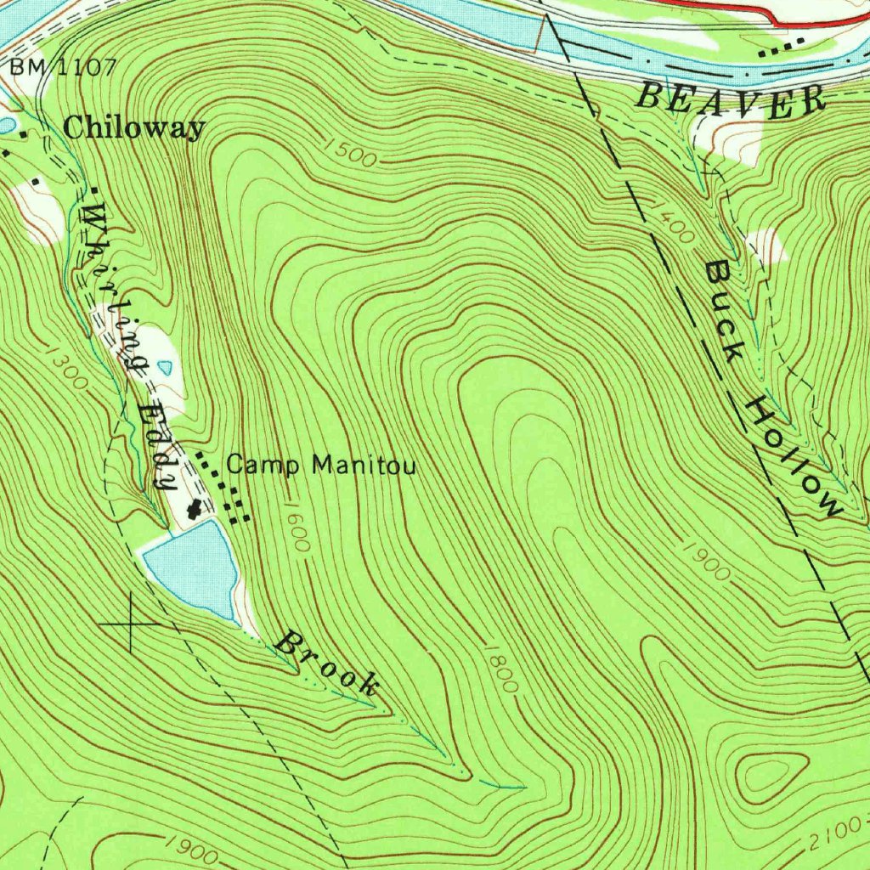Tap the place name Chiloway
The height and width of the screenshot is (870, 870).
(134, 128)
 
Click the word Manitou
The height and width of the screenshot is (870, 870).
(364, 465)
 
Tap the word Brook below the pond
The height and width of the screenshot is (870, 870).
(328, 663)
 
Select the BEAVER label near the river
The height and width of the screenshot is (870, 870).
(731, 98)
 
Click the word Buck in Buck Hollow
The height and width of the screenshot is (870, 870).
(725, 309)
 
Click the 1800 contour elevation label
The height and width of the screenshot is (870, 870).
(501, 668)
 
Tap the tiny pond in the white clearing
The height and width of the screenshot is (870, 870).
(166, 368)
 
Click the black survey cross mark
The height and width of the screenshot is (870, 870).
(130, 624)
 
